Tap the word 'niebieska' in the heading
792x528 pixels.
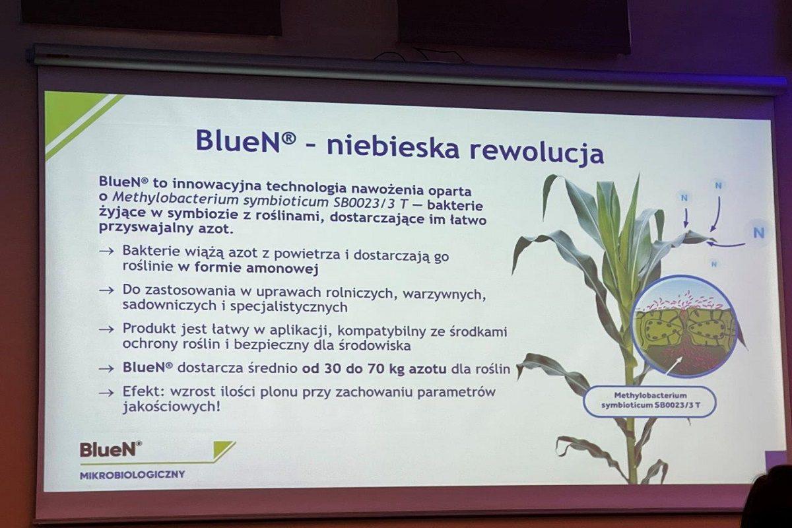pos(393,145)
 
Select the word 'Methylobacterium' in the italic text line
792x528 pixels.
pos(175,199)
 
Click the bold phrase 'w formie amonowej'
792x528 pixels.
pos(248,268)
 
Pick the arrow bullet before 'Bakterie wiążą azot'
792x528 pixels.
pos(107,251)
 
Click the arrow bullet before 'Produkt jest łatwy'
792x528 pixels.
pos(107,329)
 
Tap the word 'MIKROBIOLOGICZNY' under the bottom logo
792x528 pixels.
pos(132,475)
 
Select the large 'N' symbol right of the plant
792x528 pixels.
pos(759,233)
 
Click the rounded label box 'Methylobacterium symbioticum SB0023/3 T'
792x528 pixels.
pos(650,401)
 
